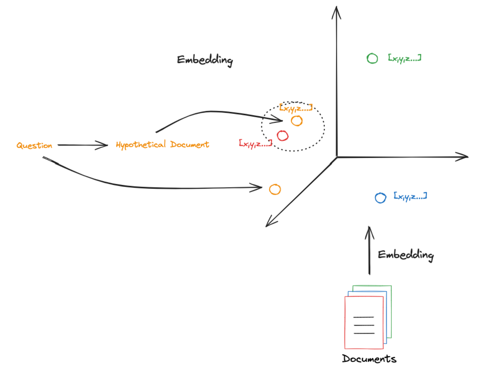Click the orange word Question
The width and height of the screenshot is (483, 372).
coord(34,146)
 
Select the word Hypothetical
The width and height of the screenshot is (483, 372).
coord(141,145)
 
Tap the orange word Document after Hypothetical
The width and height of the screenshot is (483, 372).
coord(190,144)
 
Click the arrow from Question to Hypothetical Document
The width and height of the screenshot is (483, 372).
coord(83,145)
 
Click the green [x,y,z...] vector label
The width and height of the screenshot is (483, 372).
coord(405,58)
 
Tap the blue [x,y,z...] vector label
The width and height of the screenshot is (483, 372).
coord(410,197)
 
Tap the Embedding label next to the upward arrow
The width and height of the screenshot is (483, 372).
coord(406,255)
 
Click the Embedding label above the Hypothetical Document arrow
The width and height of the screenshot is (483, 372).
coord(205,60)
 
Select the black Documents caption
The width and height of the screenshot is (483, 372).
coord(369,359)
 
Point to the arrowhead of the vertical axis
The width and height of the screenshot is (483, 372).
coord(336,7)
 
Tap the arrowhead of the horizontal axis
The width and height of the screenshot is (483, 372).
coord(468,157)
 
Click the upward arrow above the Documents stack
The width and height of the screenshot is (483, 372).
coord(369,251)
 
